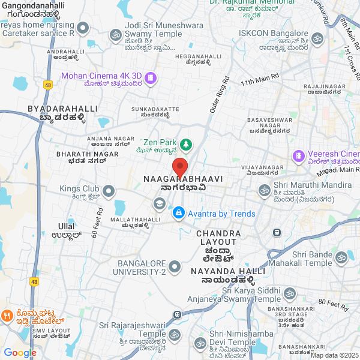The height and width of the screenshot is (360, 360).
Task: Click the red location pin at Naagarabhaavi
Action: click(x=180, y=166)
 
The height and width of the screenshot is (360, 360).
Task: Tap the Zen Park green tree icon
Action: click(x=186, y=144)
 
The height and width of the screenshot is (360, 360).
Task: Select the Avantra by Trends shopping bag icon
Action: click(x=178, y=213)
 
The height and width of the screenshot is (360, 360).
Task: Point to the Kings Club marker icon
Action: click(x=109, y=191)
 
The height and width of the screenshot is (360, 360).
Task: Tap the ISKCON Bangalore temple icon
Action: click(x=317, y=39)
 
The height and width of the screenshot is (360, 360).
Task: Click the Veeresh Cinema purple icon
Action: click(x=298, y=156)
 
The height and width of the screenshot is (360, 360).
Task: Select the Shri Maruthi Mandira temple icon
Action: click(x=264, y=190)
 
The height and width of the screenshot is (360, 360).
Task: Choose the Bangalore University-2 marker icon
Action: click(x=175, y=266)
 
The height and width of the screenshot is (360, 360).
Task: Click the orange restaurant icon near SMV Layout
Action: click(x=7, y=315)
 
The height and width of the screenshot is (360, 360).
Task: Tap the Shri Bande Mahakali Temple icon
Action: click(x=341, y=257)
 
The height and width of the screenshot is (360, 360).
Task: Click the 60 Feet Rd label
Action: click(x=98, y=221)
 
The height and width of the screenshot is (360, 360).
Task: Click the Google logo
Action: click(x=20, y=353)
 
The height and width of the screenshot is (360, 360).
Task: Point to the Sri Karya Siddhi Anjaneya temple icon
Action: click(x=290, y=293)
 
